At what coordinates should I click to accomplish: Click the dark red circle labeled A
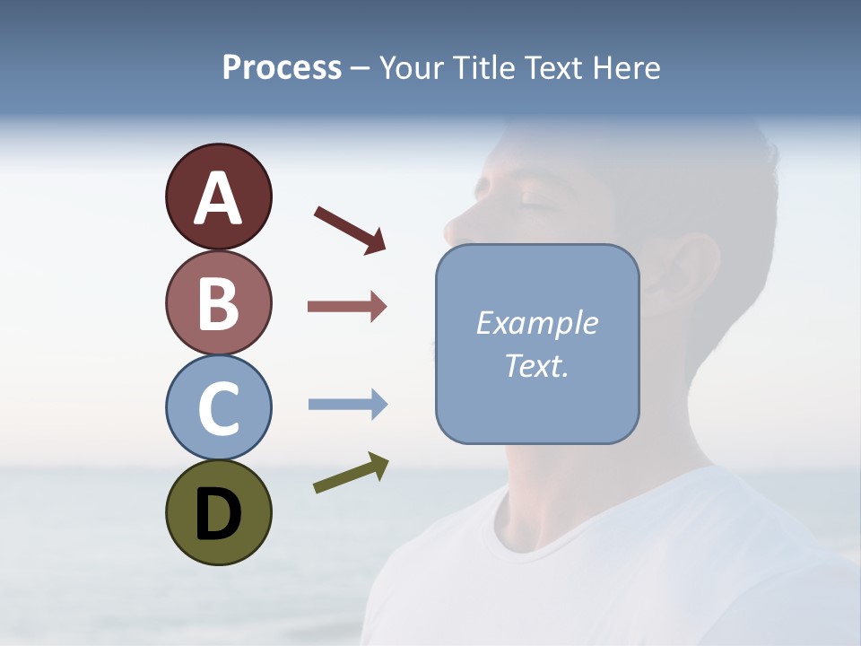[218, 196]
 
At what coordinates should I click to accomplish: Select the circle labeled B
[218, 302]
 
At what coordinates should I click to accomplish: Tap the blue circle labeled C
[218, 407]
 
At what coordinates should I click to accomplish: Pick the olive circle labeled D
[218, 512]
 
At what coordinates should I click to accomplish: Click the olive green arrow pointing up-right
[351, 473]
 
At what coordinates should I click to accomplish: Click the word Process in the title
[282, 67]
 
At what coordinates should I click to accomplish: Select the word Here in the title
[627, 67]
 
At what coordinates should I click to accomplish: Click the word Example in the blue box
[536, 323]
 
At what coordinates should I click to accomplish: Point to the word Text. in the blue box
[536, 365]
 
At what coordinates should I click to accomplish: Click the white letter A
[218, 199]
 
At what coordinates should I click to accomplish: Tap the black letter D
[218, 514]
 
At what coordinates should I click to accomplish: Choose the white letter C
[218, 409]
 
